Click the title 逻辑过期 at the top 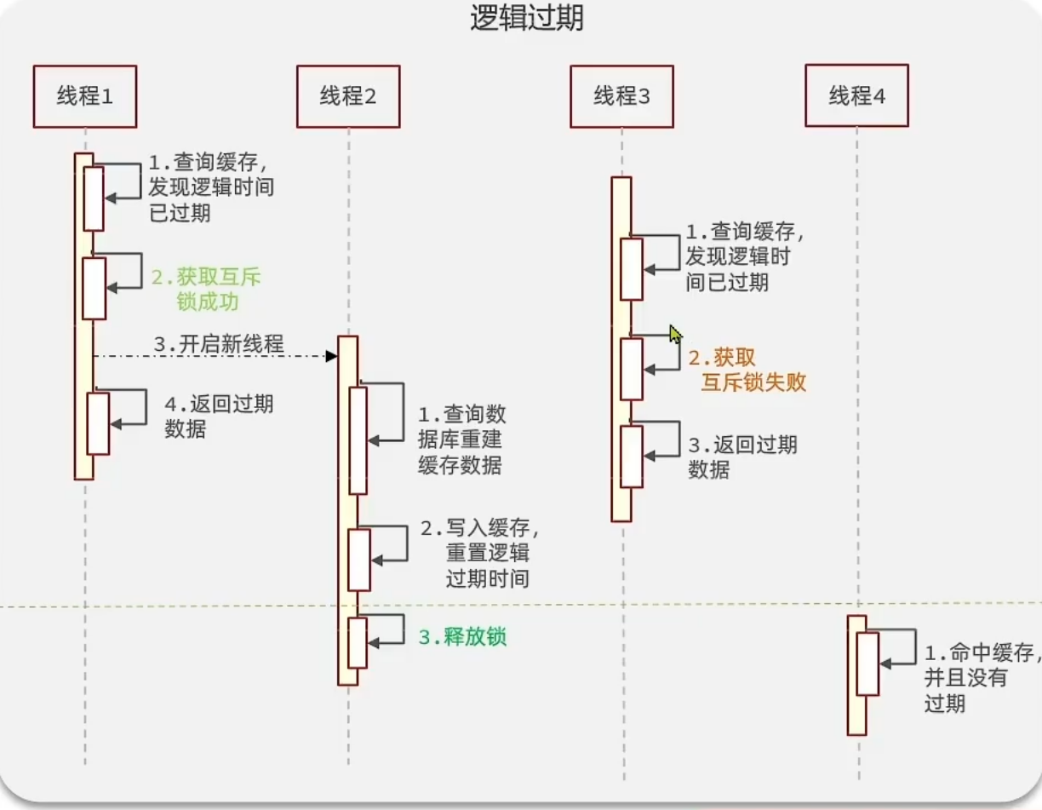527,18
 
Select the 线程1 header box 85,96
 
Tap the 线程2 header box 348,96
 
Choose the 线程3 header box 621,96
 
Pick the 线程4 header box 857,96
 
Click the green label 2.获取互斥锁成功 207,290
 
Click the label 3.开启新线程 219,345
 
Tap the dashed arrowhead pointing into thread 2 332,355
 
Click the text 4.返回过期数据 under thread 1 219,416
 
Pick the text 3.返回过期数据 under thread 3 742,457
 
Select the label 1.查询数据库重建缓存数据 461,439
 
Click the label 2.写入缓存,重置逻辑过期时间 481,554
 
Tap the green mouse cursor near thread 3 676,333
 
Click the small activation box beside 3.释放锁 358,643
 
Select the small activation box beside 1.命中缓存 867,664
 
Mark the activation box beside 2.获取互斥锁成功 94,289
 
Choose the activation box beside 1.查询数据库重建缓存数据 358,440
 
